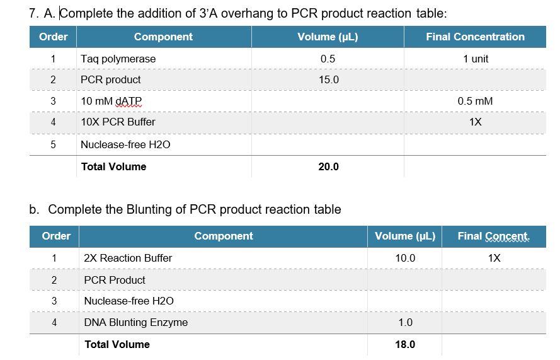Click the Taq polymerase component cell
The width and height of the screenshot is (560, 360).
(x=118, y=59)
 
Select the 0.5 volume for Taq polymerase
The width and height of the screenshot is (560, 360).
(x=328, y=59)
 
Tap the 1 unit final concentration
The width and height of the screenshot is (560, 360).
(x=476, y=59)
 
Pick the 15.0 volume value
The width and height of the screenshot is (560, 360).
(x=328, y=79)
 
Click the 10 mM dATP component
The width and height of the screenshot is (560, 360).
(x=111, y=101)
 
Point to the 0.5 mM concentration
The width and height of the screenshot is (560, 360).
(x=475, y=101)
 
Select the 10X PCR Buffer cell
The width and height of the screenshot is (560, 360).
(x=118, y=122)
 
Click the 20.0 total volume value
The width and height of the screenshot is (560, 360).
(x=328, y=166)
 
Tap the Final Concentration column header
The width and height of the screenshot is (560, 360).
(x=475, y=37)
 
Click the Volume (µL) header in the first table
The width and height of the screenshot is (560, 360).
(x=328, y=37)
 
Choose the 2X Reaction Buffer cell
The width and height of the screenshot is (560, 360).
(x=128, y=258)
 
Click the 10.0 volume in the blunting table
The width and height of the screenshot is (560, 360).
(x=405, y=258)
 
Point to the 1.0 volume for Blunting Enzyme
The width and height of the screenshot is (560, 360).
(x=405, y=322)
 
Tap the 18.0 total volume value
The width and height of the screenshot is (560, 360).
(x=405, y=344)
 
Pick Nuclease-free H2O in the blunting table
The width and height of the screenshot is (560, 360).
(x=129, y=301)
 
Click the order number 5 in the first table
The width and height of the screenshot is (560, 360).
(x=53, y=144)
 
